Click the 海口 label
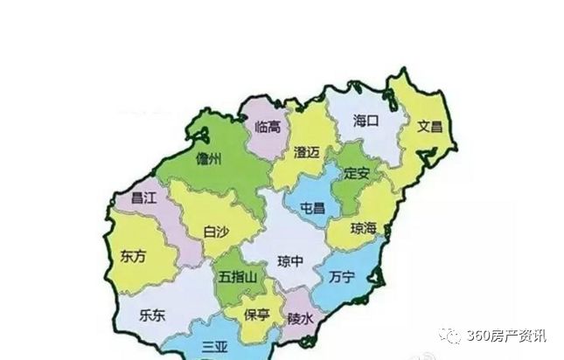click(x=365, y=121)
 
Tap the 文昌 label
click(x=429, y=127)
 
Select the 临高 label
click(x=268, y=127)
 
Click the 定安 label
click(x=357, y=173)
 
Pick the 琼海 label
click(x=363, y=228)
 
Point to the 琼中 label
click(x=291, y=261)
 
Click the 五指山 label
click(x=238, y=278)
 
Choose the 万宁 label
click(x=342, y=278)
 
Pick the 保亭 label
click(x=257, y=315)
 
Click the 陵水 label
click(x=301, y=318)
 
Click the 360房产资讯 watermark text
click(x=505, y=336)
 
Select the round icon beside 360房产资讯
click(x=449, y=335)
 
